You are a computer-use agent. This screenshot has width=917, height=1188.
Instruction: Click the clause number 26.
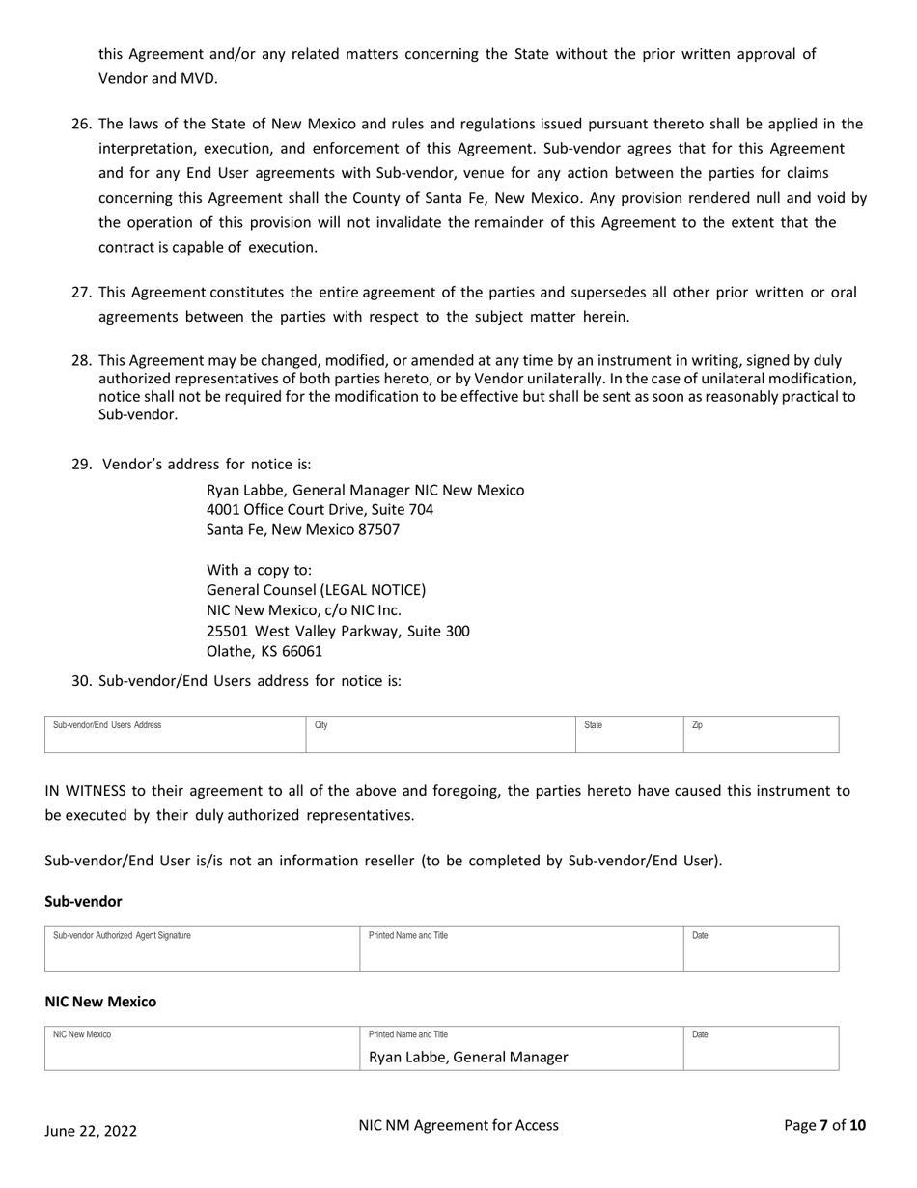click(81, 124)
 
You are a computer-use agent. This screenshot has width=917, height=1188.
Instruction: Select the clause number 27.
click(81, 292)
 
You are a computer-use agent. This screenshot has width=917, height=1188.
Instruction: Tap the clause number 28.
click(81, 360)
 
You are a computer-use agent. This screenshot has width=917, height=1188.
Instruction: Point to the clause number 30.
click(81, 680)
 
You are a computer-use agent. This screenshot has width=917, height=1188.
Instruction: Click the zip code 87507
click(378, 529)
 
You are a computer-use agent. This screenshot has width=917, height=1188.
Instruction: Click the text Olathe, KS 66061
click(264, 651)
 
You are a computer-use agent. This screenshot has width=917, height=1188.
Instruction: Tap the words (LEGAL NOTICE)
click(373, 589)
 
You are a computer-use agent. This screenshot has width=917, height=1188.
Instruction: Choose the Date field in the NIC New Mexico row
click(761, 1049)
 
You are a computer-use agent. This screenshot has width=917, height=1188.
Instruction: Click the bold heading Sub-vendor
click(83, 901)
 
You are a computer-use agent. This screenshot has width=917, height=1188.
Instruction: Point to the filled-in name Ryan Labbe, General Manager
click(468, 1057)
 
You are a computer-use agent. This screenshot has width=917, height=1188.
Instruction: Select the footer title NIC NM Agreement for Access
click(458, 1125)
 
